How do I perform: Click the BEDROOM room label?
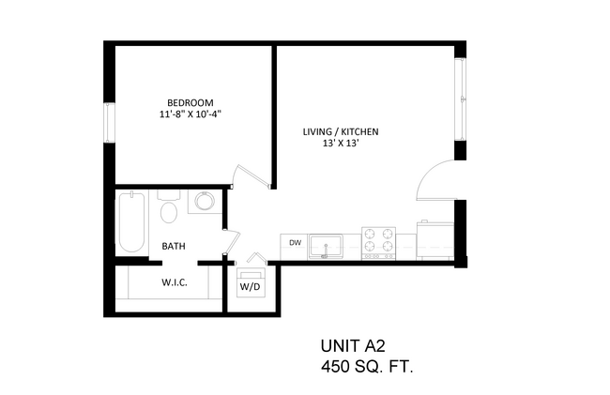pyautogui.click(x=191, y=102)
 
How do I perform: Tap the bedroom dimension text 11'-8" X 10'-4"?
pyautogui.click(x=191, y=114)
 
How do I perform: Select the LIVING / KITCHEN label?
pyautogui.click(x=341, y=131)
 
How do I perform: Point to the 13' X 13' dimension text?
pyautogui.click(x=341, y=143)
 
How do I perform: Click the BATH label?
pyautogui.click(x=174, y=246)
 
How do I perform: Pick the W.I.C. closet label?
pyautogui.click(x=175, y=282)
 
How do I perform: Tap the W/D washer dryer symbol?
pyautogui.click(x=251, y=282)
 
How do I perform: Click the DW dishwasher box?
pyautogui.click(x=294, y=247)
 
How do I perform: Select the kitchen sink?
pyautogui.click(x=326, y=247)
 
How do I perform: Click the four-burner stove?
pyautogui.click(x=378, y=243)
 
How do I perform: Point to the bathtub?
pyautogui.click(x=132, y=222)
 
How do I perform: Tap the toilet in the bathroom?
pyautogui.click(x=168, y=206)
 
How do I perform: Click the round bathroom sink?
pyautogui.click(x=205, y=201)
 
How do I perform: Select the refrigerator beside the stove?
pyautogui.click(x=435, y=240)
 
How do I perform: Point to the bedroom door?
pyautogui.click(x=252, y=176)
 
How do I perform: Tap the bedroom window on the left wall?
pyautogui.click(x=110, y=123)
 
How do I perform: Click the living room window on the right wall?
pyautogui.click(x=461, y=99)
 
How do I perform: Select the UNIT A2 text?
pyautogui.click(x=353, y=345)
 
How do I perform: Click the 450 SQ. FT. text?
pyautogui.click(x=367, y=366)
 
